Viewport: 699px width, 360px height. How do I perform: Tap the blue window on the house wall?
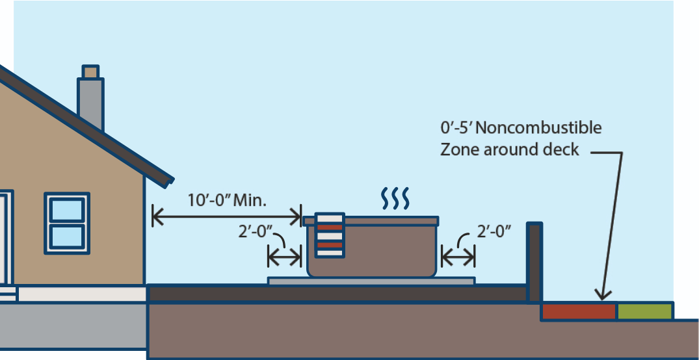point(66,223)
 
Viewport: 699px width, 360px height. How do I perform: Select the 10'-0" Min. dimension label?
point(227,199)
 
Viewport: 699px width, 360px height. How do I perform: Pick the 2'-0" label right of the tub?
point(494,231)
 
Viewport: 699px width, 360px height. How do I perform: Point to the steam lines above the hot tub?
point(395,198)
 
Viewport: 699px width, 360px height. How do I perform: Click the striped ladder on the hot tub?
point(329,235)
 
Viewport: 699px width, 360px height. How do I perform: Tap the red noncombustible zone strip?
point(578,311)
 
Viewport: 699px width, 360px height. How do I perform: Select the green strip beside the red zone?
point(644,311)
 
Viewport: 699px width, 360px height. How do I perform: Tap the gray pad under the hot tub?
point(371,281)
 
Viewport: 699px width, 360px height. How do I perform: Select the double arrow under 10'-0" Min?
point(227,216)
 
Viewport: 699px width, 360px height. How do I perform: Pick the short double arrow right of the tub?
point(458,258)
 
